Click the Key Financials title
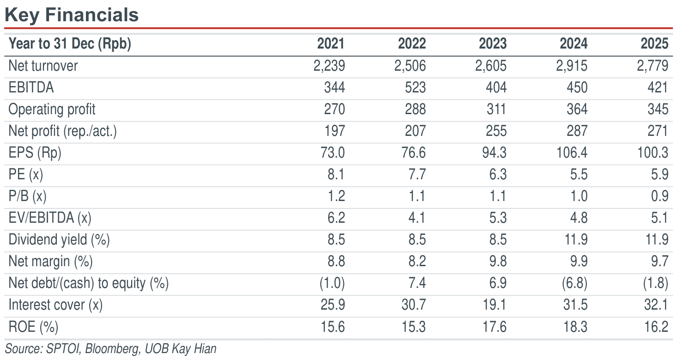(x=72, y=15)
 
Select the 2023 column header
(x=493, y=43)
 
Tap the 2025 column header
(x=654, y=43)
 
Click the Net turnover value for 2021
(x=329, y=66)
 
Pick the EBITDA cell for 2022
(x=415, y=87)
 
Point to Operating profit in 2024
(x=577, y=109)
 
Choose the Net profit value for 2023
(x=496, y=131)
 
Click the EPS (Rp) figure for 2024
(x=572, y=153)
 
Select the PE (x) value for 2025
(x=660, y=174)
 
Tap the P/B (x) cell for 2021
(x=336, y=196)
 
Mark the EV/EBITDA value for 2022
(x=417, y=218)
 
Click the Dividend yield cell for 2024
(x=576, y=240)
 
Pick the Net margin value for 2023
(x=498, y=262)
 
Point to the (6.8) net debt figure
(x=574, y=283)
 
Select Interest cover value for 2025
(x=656, y=305)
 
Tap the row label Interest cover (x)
(x=55, y=305)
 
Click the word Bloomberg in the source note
(x=112, y=349)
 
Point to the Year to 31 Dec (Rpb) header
(x=70, y=44)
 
